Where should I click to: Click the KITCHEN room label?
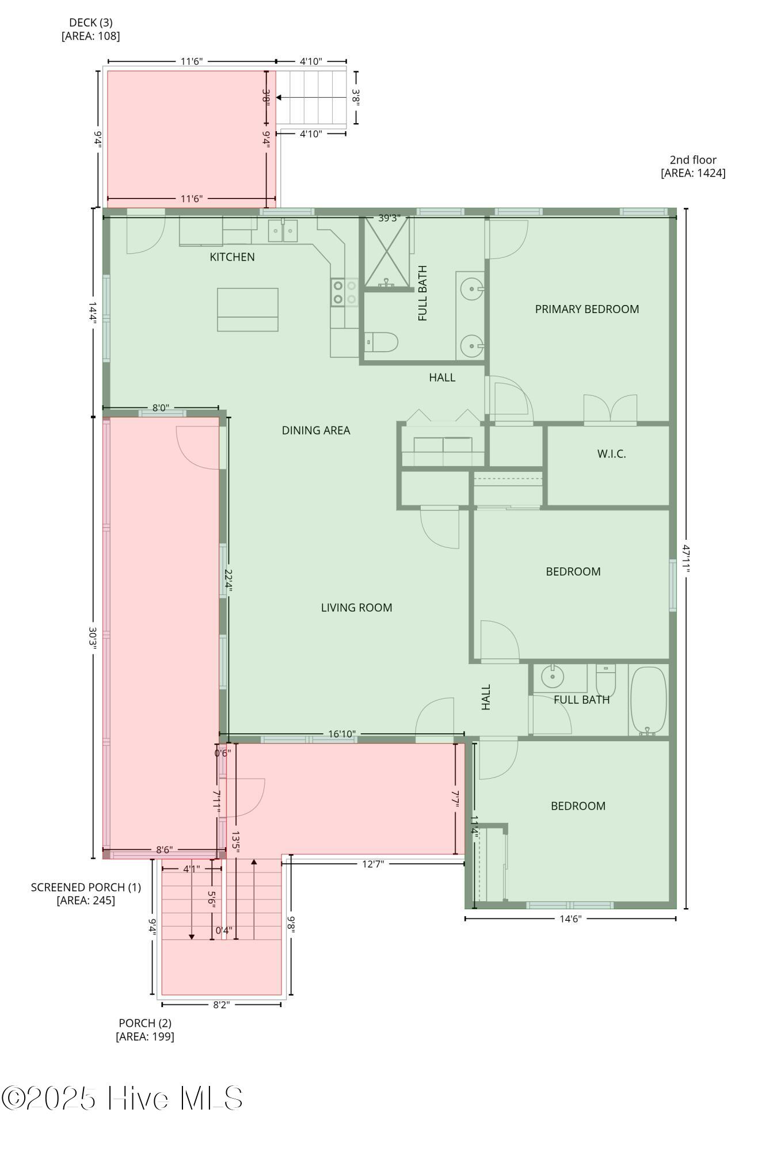pos(232,257)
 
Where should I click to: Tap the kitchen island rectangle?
pos(247,310)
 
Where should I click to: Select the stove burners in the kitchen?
pos(344,292)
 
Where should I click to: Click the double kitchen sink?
pos(283,231)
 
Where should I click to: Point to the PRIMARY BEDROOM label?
pos(586,309)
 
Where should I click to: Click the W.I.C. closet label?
pos(611,454)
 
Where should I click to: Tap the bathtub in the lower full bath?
pos(649,700)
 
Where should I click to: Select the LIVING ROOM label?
pos(356,608)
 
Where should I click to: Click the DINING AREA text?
pos(315,430)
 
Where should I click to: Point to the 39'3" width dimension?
pos(389,218)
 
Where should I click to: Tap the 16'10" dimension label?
pos(342,734)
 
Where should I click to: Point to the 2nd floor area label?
pos(693,166)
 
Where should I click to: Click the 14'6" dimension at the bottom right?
pos(570,919)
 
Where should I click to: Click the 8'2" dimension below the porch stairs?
pos(221,1005)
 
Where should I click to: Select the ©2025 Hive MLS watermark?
pos(122,1098)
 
